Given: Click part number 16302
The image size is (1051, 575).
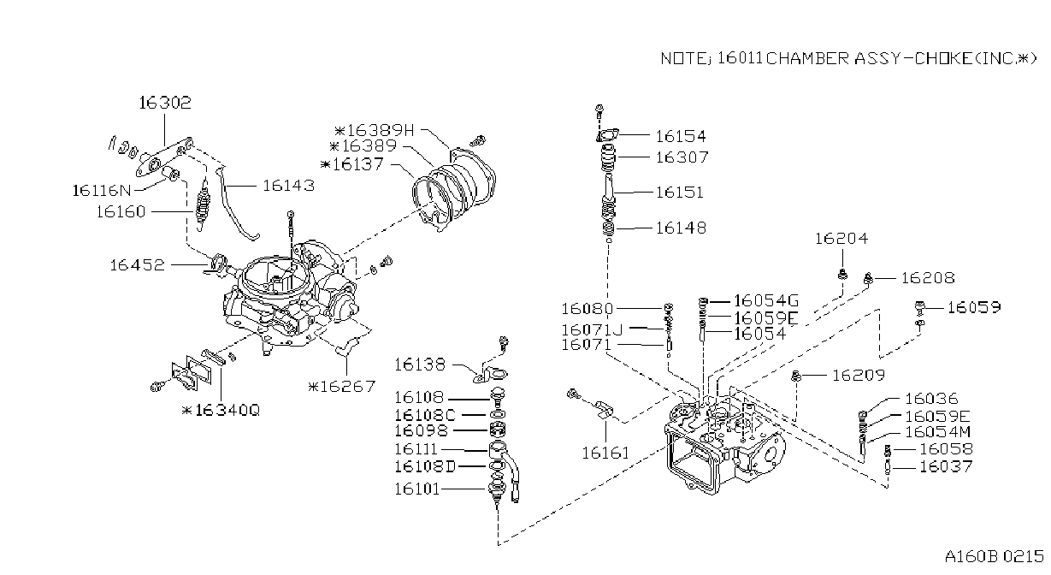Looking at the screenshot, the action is [165, 103].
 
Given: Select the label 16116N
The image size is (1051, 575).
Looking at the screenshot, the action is [102, 191].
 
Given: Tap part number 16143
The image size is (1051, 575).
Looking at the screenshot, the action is [288, 186].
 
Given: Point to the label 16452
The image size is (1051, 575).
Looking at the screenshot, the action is [137, 265].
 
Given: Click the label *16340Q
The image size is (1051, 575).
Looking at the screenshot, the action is [221, 410].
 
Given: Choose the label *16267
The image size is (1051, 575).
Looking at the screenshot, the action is [341, 386].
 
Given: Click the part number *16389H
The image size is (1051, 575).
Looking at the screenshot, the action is [375, 130].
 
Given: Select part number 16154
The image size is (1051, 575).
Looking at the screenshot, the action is [681, 136].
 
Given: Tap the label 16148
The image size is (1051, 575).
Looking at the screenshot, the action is [681, 228].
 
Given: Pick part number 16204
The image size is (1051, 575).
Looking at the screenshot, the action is [841, 239].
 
